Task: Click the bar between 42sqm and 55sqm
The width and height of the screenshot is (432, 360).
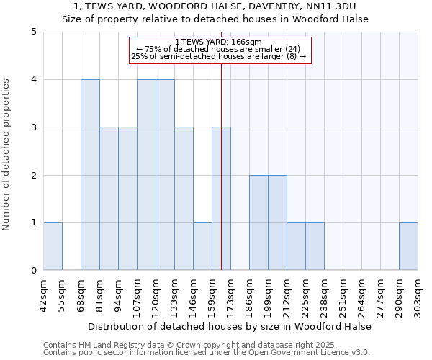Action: pyautogui.click(x=53, y=246)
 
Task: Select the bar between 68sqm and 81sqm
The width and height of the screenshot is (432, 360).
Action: pyautogui.click(x=90, y=175)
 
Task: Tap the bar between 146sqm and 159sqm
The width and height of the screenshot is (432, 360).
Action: pyautogui.click(x=202, y=246)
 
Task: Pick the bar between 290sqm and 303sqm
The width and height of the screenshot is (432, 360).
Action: pyautogui.click(x=408, y=246)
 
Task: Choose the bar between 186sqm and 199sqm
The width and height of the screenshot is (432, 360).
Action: pyautogui.click(x=258, y=222)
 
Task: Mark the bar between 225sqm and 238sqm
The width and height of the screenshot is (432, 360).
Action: pyautogui.click(x=315, y=246)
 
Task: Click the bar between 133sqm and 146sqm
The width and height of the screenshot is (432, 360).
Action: pyautogui.click(x=184, y=199)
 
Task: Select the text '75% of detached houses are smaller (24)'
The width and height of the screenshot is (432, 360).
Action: pyautogui.click(x=222, y=49)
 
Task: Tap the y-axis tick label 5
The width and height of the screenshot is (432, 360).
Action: pyautogui.click(x=33, y=32)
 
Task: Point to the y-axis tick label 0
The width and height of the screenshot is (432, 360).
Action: pyautogui.click(x=33, y=271)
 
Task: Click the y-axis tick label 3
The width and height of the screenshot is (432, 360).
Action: pyautogui.click(x=33, y=127)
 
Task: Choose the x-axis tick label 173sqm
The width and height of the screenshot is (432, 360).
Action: pyautogui.click(x=231, y=293)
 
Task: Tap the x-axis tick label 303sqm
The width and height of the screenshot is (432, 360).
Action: pyautogui.click(x=418, y=293)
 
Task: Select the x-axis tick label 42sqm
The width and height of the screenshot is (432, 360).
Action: pyautogui.click(x=44, y=293)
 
